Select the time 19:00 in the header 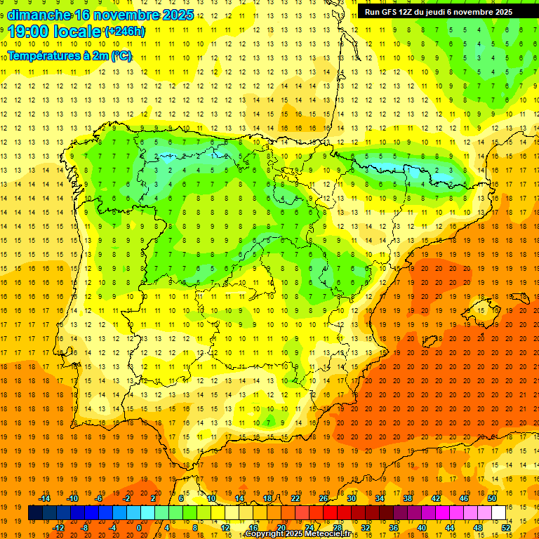tap(29, 32)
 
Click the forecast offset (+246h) tap(124, 32)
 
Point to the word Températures tap(43, 55)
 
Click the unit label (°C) tap(121, 55)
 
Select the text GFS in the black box tap(392, 12)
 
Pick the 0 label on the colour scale tap(140, 527)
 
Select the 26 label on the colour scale tap(324, 498)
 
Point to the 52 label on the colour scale tap(505, 527)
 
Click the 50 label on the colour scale tap(492, 498)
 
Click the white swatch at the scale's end tap(499, 513)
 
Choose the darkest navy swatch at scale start tap(35, 513)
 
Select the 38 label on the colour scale tap(408, 498)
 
